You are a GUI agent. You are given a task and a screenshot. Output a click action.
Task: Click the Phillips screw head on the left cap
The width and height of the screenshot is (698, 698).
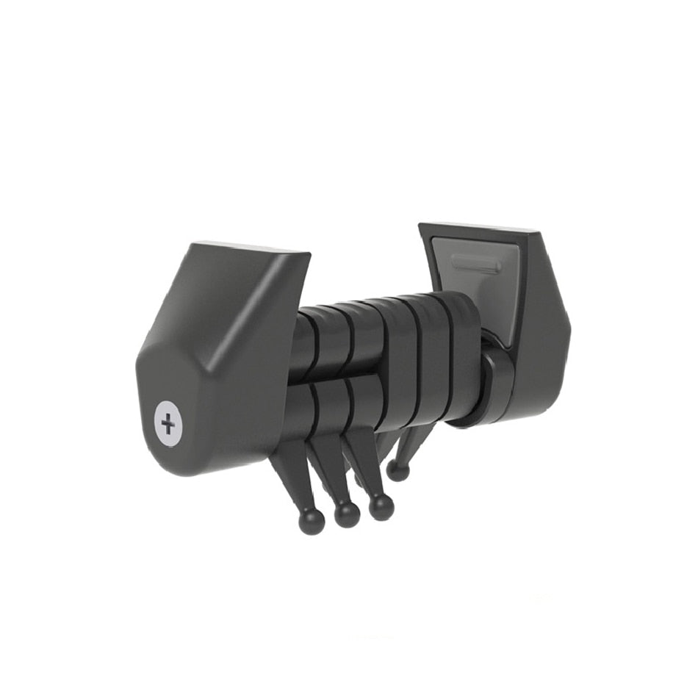coord(169,423)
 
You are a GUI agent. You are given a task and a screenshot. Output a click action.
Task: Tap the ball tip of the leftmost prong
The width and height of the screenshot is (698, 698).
coord(311,521)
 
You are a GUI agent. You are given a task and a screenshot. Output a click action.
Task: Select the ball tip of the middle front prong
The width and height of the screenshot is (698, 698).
coord(347,514)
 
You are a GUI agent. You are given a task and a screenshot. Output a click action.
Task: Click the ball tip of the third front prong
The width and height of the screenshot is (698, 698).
coord(381,507)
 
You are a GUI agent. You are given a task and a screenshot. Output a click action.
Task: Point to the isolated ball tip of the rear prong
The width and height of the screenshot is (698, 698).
coord(397,470)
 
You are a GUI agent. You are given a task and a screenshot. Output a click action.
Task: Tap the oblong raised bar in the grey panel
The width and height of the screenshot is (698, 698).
coord(476,263)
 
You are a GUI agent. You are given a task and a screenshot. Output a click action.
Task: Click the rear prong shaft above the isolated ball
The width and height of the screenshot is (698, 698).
coord(408,445)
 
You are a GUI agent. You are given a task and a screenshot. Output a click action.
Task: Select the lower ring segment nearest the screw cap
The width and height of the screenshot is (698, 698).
coord(300,411)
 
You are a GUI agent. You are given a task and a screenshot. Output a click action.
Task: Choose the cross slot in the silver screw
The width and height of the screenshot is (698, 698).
coord(169,424)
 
